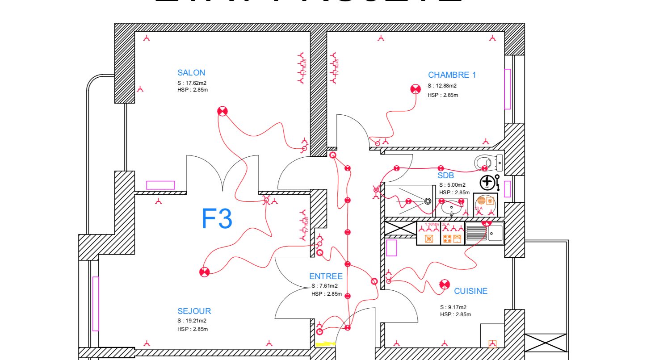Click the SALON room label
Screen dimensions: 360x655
tap(191, 73)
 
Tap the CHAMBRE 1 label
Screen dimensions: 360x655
tap(452, 75)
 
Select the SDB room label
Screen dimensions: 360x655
tap(445, 176)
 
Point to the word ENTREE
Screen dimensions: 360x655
tap(326, 276)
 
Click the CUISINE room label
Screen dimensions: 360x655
tap(470, 291)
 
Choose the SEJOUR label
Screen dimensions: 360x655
tap(194, 311)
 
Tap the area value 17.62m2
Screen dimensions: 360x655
tap(196, 83)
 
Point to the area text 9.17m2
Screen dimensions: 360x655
tap(458, 307)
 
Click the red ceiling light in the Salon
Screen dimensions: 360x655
tap(223, 111)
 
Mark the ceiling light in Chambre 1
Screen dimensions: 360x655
tap(416, 89)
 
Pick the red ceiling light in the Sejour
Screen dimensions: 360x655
tap(204, 272)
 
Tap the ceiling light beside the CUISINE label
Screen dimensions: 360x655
tap(444, 285)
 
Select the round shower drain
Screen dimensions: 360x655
tap(428, 201)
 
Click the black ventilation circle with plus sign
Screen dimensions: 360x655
tap(487, 182)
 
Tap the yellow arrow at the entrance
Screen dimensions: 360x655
tap(325, 344)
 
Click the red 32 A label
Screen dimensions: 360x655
tap(445, 224)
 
